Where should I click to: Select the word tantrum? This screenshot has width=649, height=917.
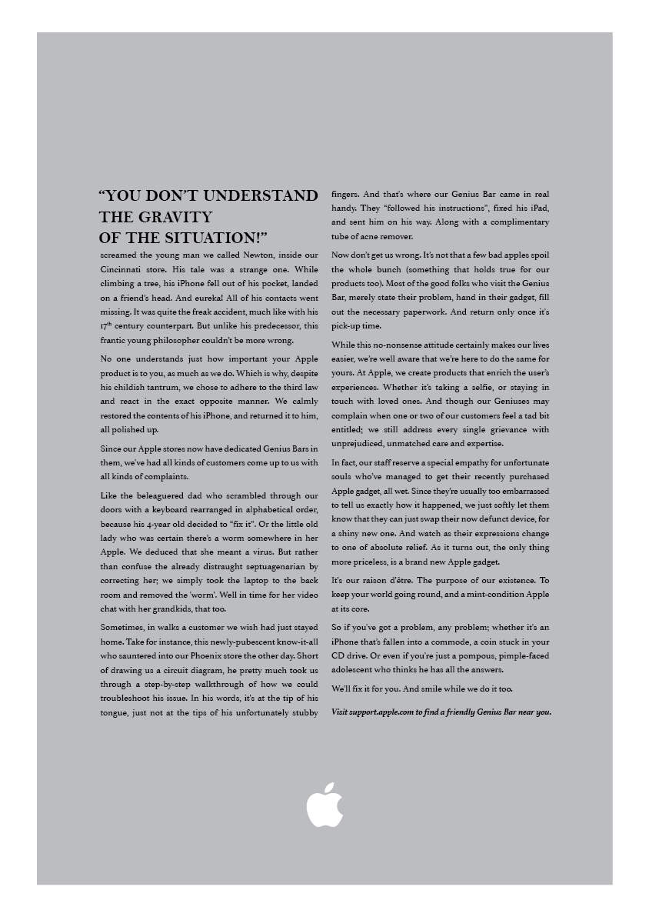(177, 387)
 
